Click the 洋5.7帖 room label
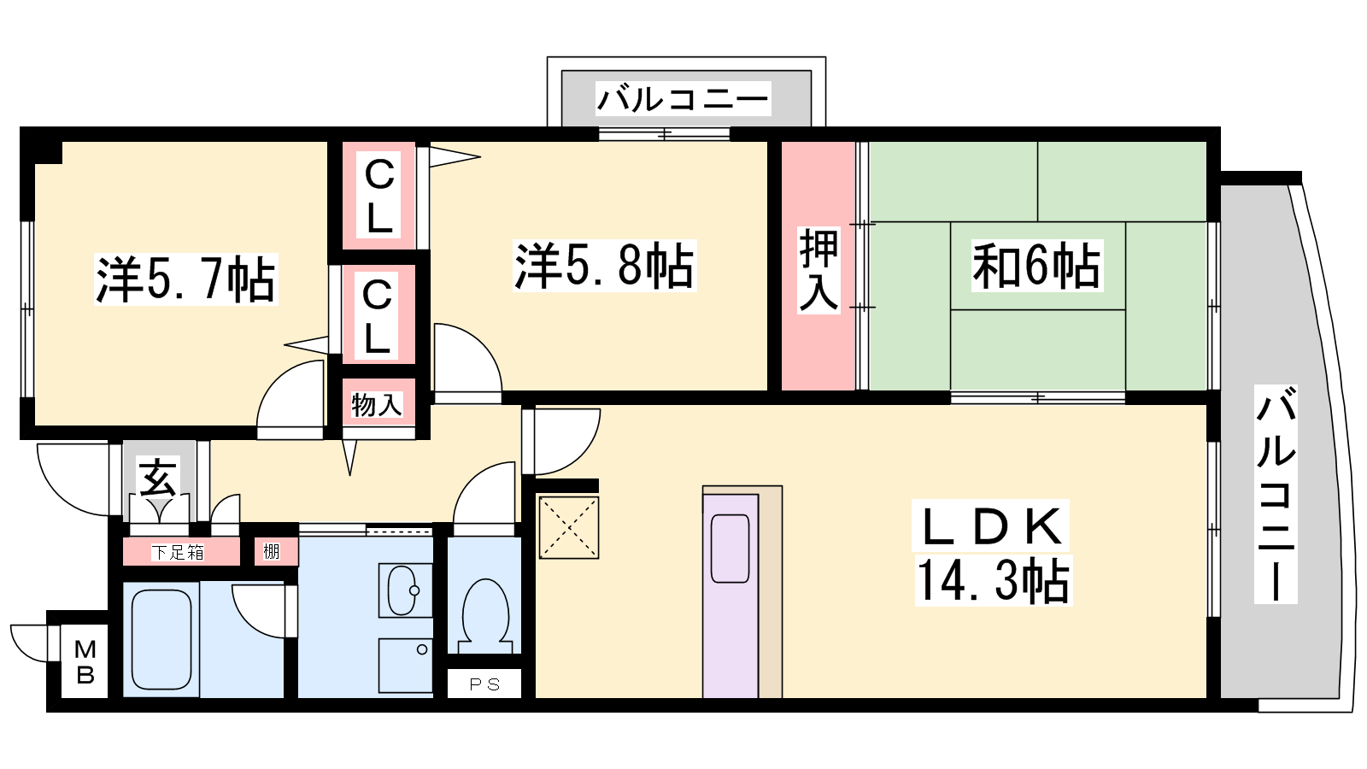point(186,279)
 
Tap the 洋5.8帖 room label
point(604,266)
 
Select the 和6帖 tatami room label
point(1037,266)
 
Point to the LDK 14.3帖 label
point(993,553)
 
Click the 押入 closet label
point(819,270)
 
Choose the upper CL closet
point(379,196)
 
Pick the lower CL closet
point(378,315)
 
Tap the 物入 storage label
point(377,404)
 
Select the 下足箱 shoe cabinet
point(179,552)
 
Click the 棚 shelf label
point(271,552)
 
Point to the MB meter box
point(85,661)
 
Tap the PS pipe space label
point(484,684)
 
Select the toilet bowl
point(486,616)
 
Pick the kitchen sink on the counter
point(730,548)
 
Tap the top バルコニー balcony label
point(683,99)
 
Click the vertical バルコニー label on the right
point(1276,495)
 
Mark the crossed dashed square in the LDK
point(569,527)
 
